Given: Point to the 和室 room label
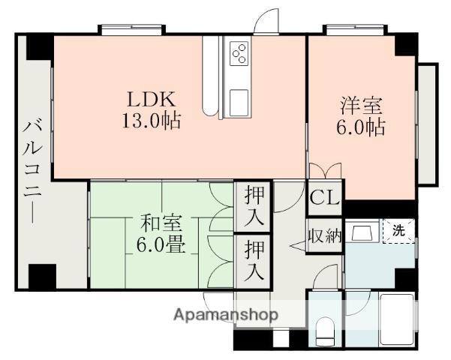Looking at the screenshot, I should pos(161,223).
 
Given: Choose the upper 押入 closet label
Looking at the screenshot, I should pos(255,208).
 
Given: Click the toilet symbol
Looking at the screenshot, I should pos(326,331).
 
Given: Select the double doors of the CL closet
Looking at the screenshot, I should pos(325,172).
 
